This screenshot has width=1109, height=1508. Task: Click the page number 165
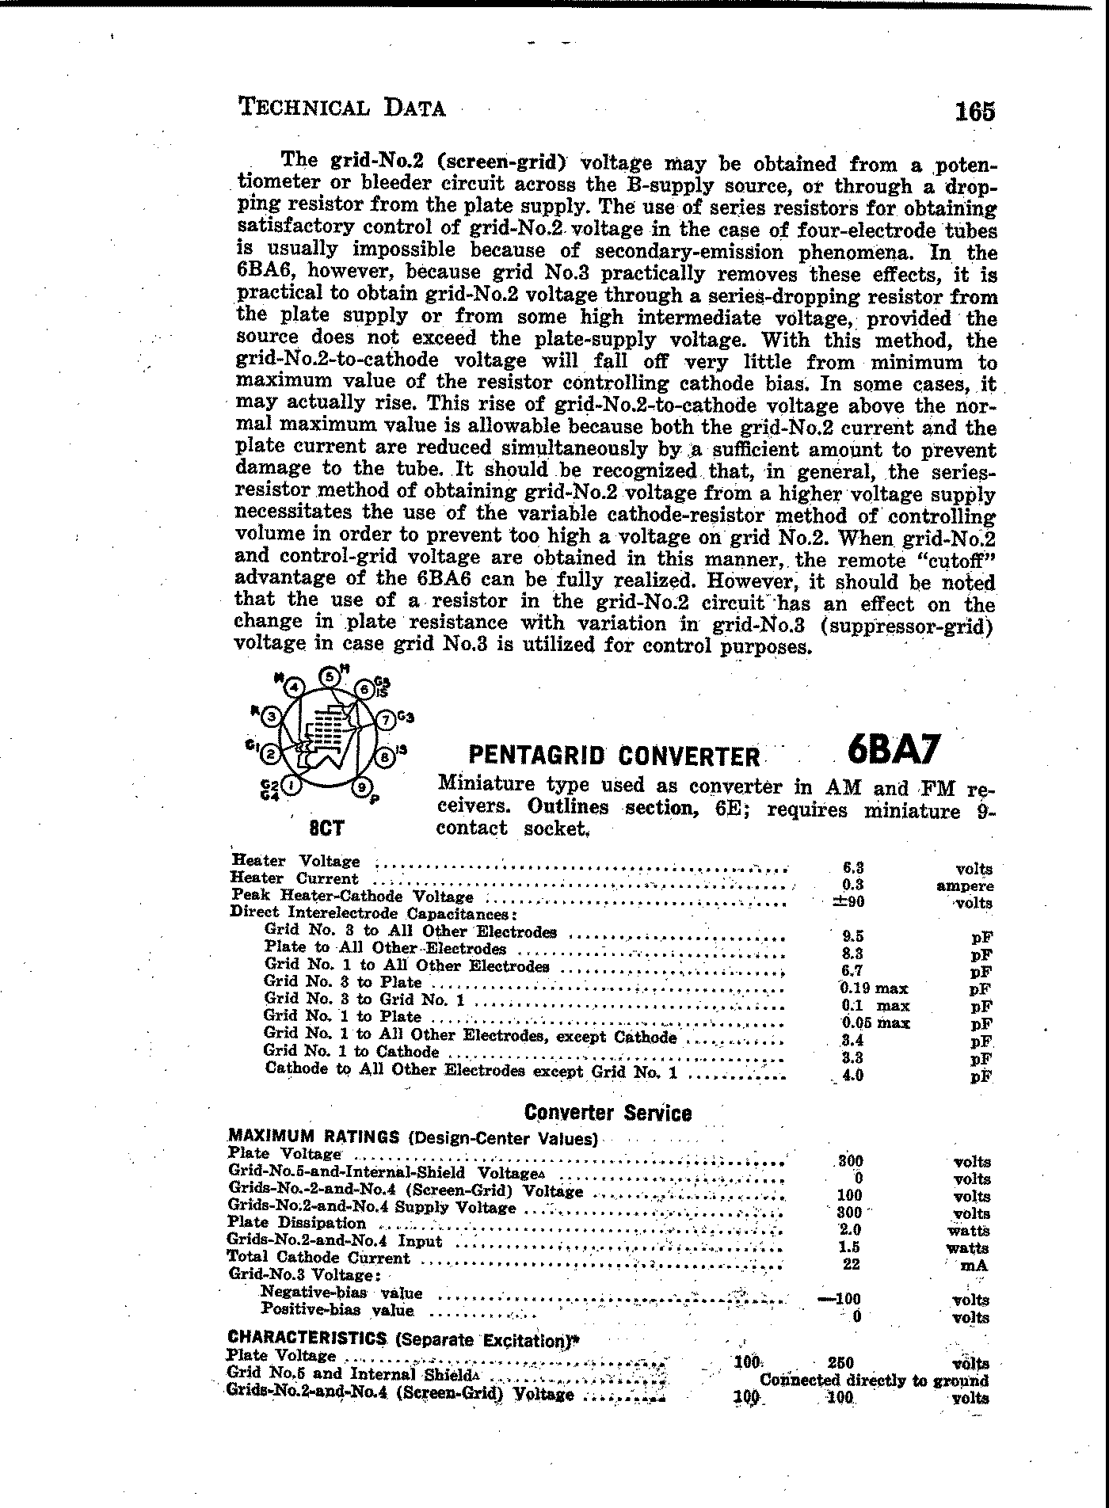(974, 111)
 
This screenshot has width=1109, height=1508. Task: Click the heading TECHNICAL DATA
(341, 107)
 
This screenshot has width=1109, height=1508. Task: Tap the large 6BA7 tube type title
(893, 749)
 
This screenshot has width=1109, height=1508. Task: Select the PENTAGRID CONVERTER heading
(614, 756)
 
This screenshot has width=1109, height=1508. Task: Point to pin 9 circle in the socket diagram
(361, 787)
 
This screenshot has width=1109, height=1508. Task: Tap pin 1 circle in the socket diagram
(293, 785)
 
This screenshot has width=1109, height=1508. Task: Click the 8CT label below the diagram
(326, 828)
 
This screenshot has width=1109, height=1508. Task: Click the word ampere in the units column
(964, 886)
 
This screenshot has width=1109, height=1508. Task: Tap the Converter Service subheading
(608, 1113)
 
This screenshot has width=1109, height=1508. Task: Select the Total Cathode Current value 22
(852, 1264)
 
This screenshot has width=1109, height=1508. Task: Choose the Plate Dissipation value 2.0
(850, 1230)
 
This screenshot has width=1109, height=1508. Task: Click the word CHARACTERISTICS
(307, 1339)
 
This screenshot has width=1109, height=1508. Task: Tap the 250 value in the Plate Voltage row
(840, 1363)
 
